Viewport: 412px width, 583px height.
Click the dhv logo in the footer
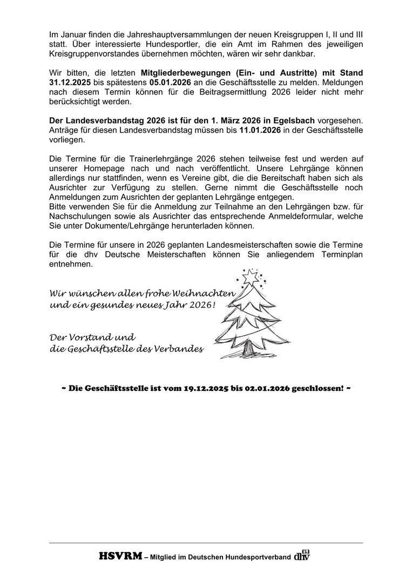tap(302, 555)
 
